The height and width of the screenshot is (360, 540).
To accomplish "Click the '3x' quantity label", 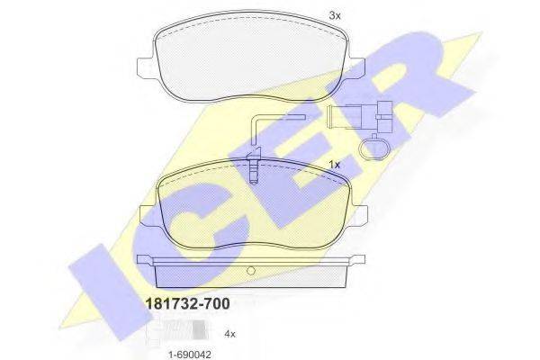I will [335, 15].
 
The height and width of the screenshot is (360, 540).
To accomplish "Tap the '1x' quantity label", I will [334, 165].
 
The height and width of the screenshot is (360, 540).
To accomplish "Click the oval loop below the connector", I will [373, 148].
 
